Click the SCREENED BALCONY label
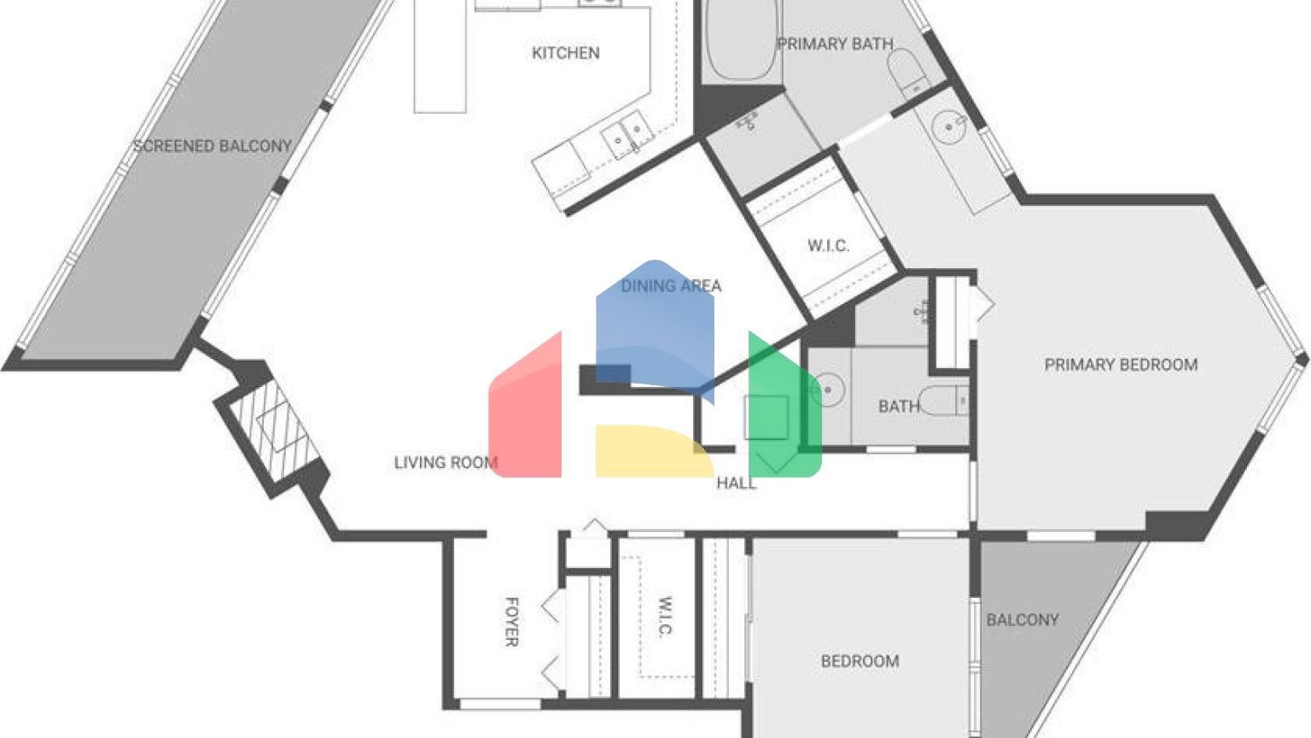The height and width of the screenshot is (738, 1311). (212, 146)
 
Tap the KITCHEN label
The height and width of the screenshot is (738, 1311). (565, 53)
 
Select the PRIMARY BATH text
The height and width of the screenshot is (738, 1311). (835, 44)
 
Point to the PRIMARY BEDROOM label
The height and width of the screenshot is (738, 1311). (1121, 365)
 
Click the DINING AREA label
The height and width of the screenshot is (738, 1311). (671, 285)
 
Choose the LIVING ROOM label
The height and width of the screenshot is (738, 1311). (445, 462)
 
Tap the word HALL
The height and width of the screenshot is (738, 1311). (736, 483)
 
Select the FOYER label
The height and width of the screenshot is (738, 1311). (511, 622)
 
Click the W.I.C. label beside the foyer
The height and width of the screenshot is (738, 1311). (666, 617)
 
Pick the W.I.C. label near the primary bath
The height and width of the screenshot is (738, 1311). (828, 246)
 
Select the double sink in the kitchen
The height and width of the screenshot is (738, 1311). (626, 135)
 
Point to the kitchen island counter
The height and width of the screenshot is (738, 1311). (440, 56)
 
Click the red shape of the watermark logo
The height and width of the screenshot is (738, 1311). (527, 410)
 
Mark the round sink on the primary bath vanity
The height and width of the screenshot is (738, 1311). (948, 128)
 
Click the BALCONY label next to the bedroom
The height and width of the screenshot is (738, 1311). (1022, 619)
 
